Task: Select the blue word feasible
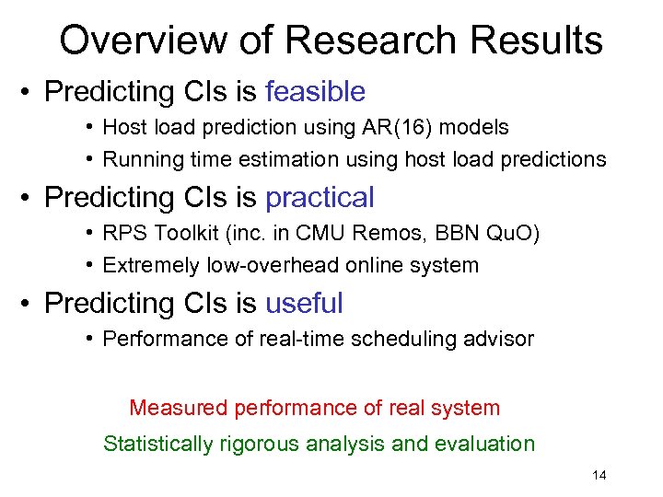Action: click(x=315, y=91)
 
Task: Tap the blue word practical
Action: click(x=320, y=197)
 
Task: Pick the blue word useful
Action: click(x=304, y=303)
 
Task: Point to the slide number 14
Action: click(x=599, y=475)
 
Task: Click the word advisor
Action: click(x=498, y=339)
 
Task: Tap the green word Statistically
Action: click(x=157, y=444)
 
